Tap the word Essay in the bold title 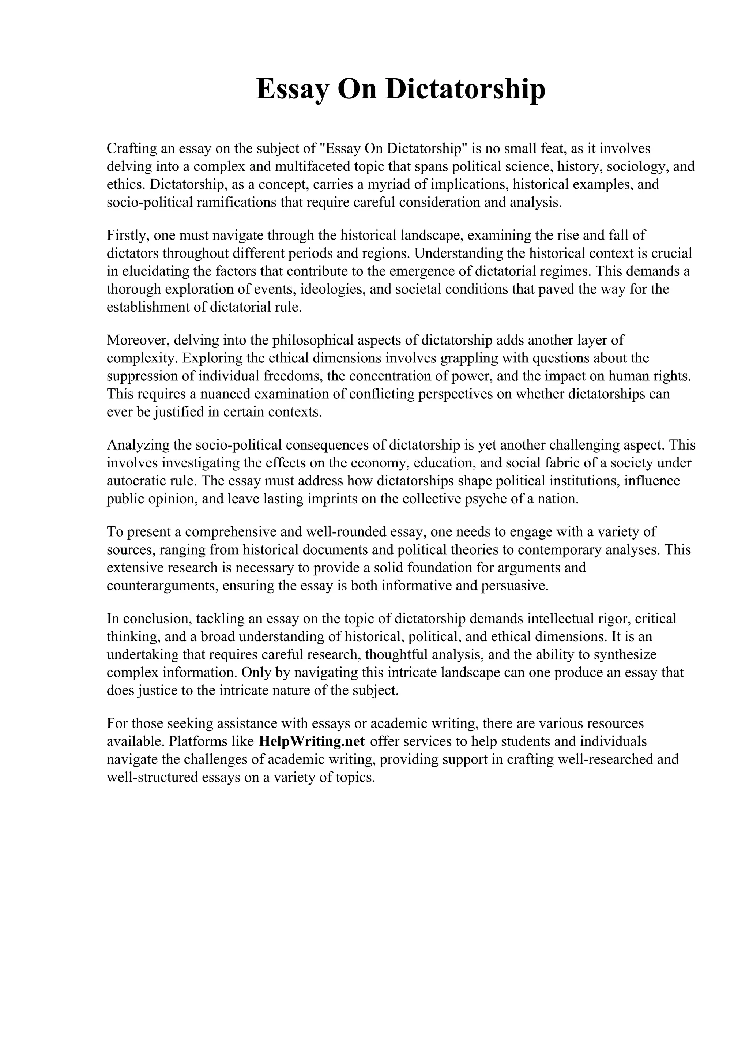tap(293, 89)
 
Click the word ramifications tap(237, 203)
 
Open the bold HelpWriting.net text tap(312, 741)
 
